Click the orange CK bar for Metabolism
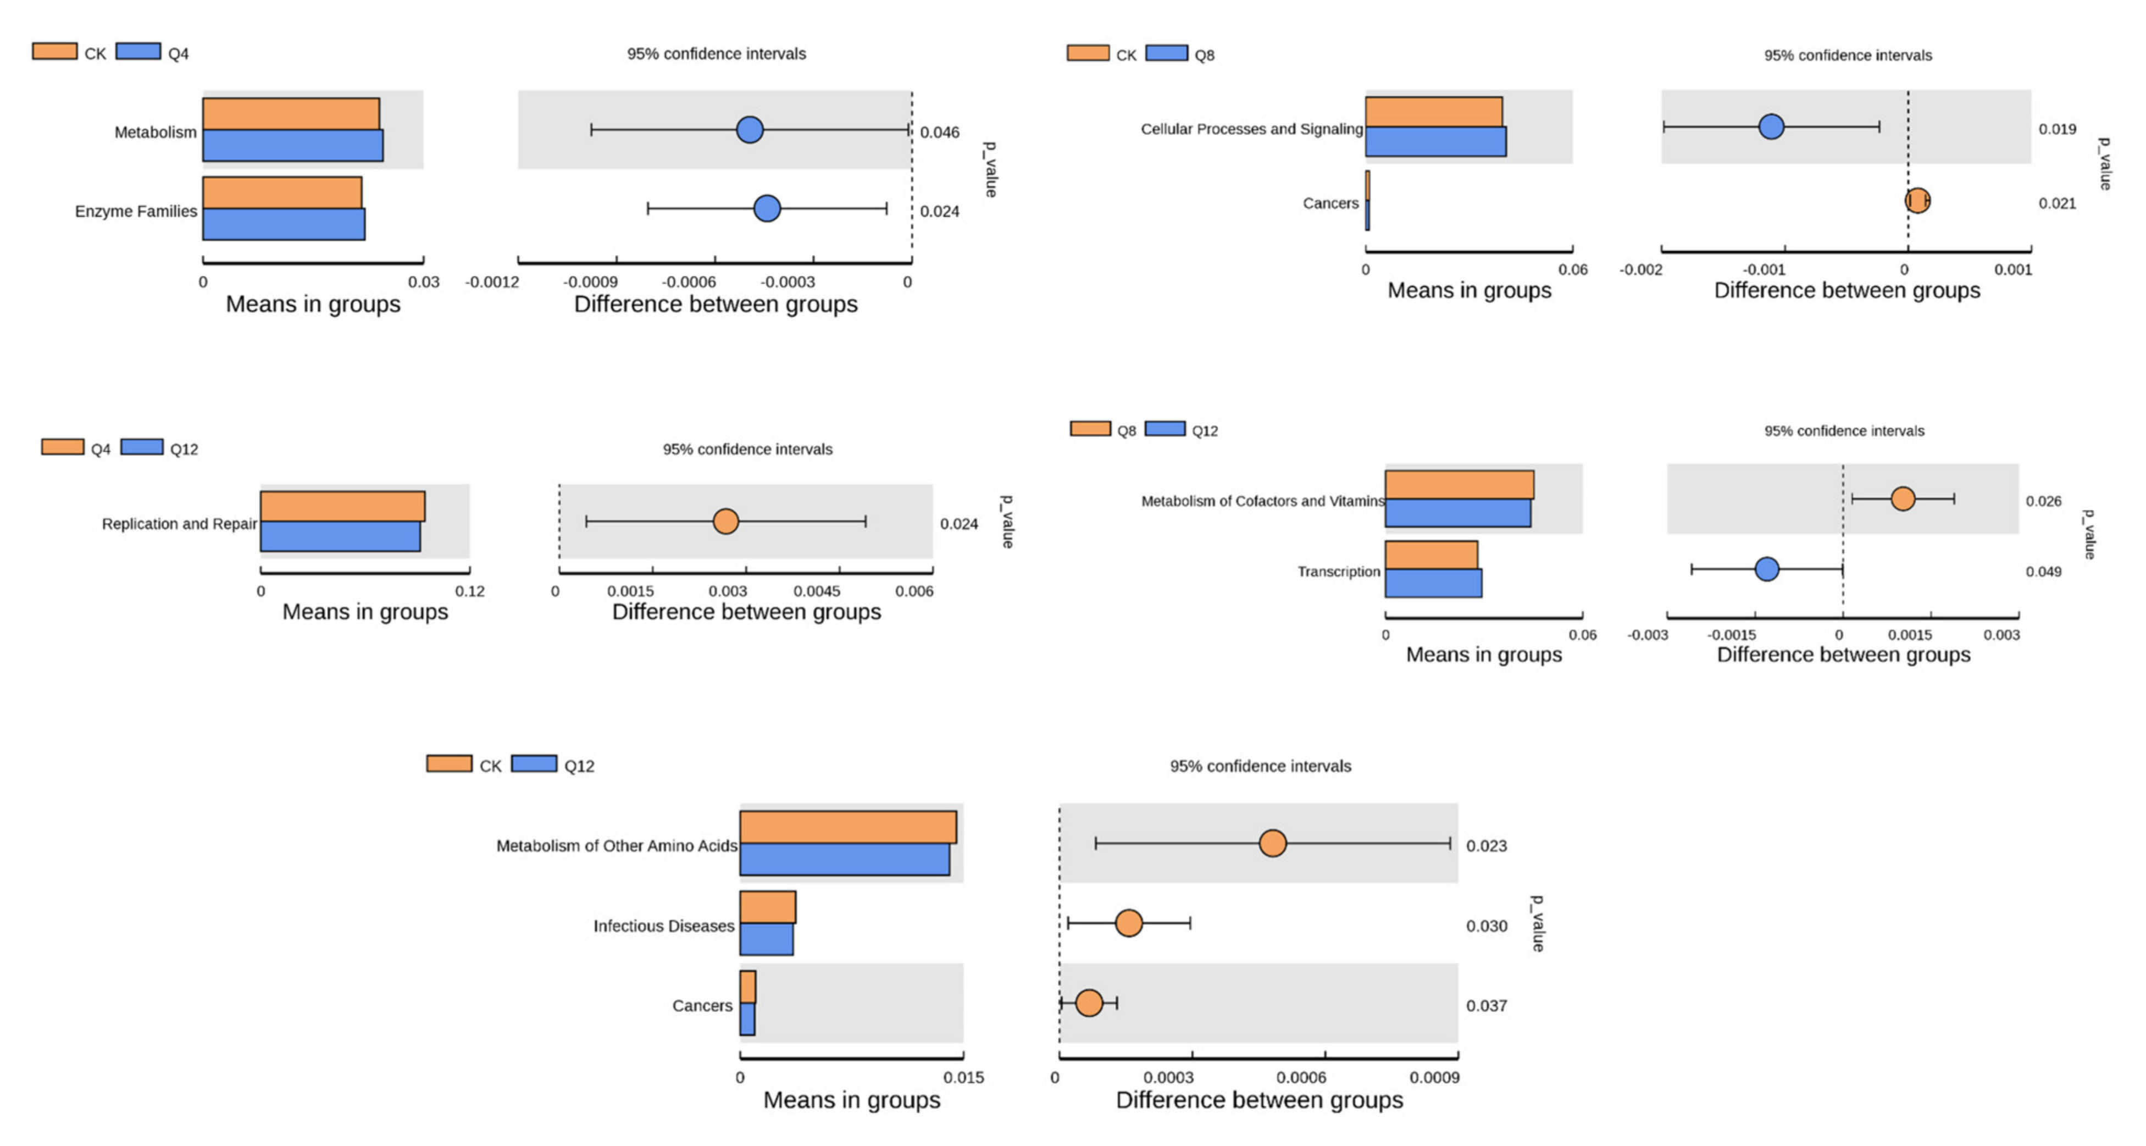click(291, 113)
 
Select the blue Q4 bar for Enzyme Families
click(283, 224)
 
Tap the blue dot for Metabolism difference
click(750, 130)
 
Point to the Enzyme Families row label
click(136, 212)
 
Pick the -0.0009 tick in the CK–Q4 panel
click(591, 282)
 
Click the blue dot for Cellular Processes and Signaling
click(1771, 126)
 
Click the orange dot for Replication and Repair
click(725, 522)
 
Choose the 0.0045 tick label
click(817, 591)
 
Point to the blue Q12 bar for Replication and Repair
click(340, 537)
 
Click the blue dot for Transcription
click(1766, 569)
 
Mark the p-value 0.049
click(2044, 572)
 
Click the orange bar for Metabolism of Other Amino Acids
click(847, 827)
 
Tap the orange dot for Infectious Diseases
click(1129, 923)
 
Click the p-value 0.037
click(1486, 1006)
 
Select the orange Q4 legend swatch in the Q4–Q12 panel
click(63, 447)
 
